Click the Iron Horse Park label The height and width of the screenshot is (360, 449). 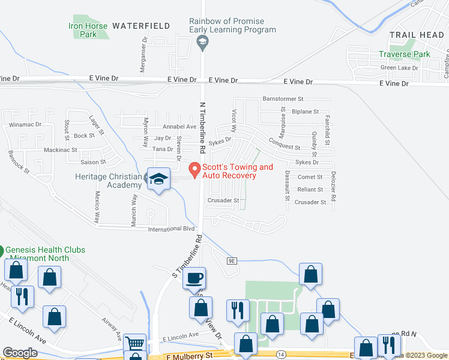pos(88,30)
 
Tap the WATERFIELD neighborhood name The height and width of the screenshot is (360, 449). pos(141,26)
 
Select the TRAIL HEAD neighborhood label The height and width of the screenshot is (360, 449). pos(416,35)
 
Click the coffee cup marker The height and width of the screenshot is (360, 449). pos(194,278)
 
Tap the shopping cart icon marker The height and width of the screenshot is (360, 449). pos(134,344)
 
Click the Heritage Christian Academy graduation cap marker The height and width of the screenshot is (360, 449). pos(159,179)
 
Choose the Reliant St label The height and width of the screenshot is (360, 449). pos(310,190)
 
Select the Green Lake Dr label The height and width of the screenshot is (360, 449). pos(399,68)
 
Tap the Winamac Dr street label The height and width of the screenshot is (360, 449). pos(25,125)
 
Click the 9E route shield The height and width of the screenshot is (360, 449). pos(233,260)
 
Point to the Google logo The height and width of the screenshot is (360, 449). pos(20,353)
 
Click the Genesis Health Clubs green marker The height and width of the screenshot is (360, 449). pos(2,250)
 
